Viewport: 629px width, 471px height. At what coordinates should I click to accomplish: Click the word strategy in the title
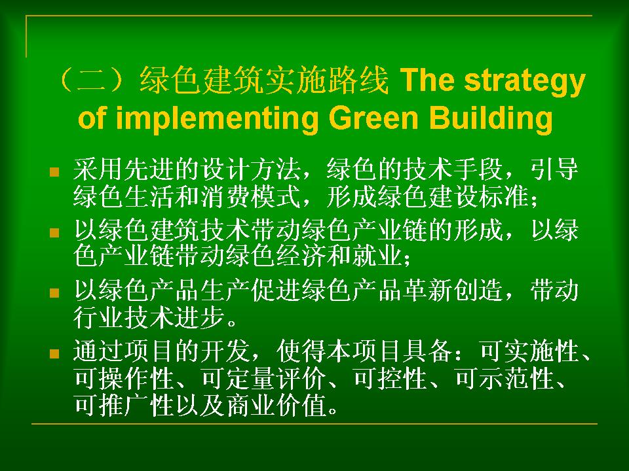click(525, 81)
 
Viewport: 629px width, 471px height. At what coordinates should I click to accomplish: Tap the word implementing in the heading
click(217, 118)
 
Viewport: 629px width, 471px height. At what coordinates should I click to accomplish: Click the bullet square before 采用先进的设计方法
click(54, 172)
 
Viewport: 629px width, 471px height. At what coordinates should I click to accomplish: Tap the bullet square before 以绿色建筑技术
click(54, 233)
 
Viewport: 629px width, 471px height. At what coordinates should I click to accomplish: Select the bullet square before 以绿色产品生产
click(54, 293)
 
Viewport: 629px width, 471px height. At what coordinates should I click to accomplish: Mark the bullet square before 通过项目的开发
click(54, 354)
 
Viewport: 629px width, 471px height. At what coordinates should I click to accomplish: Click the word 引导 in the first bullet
click(554, 169)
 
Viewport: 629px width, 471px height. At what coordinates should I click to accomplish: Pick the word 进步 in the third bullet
click(200, 317)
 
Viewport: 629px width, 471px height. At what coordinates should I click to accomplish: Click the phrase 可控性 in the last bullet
click(391, 378)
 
